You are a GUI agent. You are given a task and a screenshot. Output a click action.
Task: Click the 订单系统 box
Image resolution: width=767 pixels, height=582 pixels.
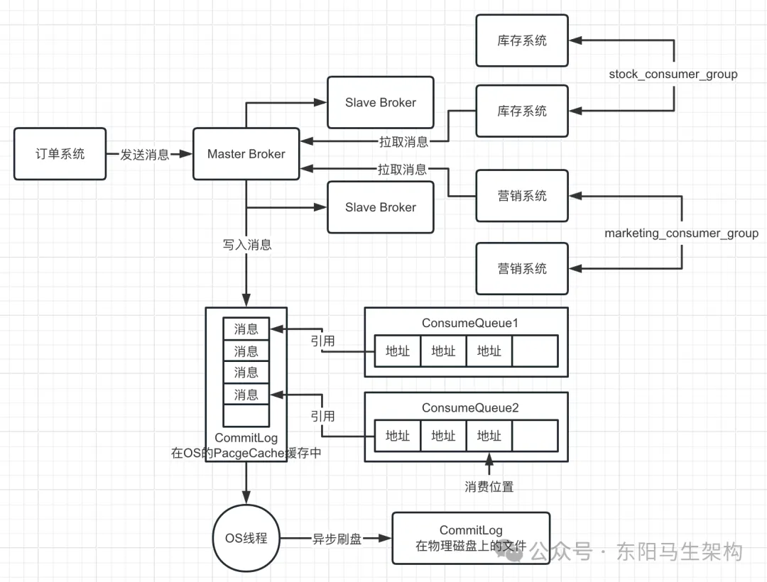click(x=60, y=153)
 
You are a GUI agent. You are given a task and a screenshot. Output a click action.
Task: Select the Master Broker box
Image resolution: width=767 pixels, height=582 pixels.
click(x=246, y=153)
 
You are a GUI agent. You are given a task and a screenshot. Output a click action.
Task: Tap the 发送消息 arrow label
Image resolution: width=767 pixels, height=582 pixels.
click(x=144, y=155)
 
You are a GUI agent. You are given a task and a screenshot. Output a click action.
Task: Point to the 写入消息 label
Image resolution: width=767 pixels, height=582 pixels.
click(x=246, y=245)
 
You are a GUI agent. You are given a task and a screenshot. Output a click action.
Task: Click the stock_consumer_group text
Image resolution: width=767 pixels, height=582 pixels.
click(x=673, y=74)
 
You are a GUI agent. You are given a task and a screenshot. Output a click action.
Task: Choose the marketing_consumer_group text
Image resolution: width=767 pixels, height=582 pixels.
click(x=681, y=233)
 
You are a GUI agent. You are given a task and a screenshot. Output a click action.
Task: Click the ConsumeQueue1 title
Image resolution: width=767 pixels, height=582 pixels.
click(x=470, y=323)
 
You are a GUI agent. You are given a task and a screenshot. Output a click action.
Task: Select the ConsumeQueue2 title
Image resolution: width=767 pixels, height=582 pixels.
click(x=470, y=408)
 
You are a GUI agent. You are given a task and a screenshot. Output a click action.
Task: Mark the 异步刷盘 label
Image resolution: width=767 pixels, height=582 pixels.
click(x=338, y=539)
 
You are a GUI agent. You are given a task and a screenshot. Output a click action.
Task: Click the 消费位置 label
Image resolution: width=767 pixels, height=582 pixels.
click(x=489, y=486)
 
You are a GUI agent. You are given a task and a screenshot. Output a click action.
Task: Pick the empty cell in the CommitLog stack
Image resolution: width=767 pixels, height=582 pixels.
click(x=246, y=415)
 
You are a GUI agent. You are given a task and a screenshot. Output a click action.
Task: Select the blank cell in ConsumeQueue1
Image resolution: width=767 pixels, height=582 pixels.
click(x=535, y=351)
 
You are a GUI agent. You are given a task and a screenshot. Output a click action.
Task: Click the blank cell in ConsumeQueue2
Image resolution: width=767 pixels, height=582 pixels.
click(x=535, y=436)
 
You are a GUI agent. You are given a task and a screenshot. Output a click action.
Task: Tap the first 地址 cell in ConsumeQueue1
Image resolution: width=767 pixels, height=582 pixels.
click(x=398, y=351)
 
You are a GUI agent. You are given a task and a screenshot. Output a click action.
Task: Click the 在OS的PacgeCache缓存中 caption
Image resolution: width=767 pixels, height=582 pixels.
click(x=246, y=453)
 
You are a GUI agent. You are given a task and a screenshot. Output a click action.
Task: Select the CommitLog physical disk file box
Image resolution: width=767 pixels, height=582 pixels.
click(x=471, y=538)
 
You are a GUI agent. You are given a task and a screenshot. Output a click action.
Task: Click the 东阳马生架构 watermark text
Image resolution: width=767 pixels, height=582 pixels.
click(x=680, y=551)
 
